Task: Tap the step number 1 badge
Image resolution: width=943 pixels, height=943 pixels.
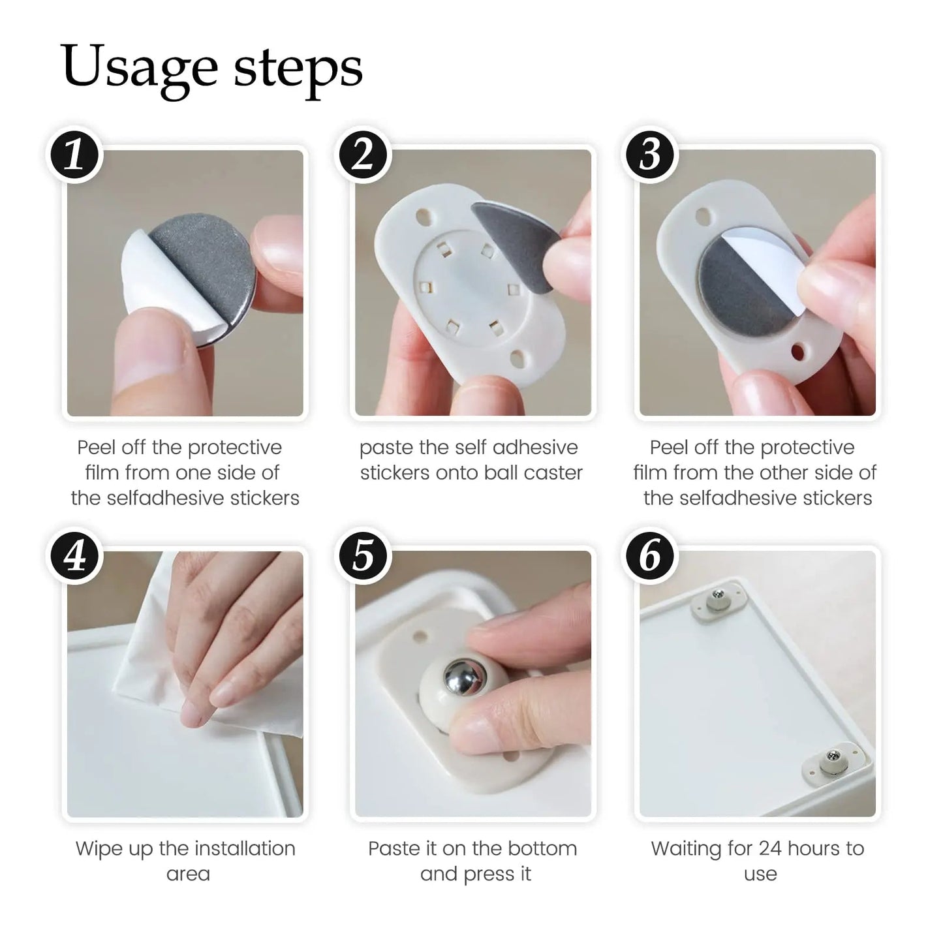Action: [x=75, y=156]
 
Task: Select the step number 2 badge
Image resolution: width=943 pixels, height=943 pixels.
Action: [x=363, y=156]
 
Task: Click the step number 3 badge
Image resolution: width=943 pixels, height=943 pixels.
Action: [x=650, y=156]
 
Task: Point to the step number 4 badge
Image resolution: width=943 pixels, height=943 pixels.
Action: [x=75, y=557]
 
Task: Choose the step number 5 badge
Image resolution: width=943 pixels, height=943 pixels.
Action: [x=363, y=557]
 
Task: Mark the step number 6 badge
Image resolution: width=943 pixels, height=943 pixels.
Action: [x=650, y=557]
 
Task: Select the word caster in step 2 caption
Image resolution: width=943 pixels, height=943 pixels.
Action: [x=553, y=472]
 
